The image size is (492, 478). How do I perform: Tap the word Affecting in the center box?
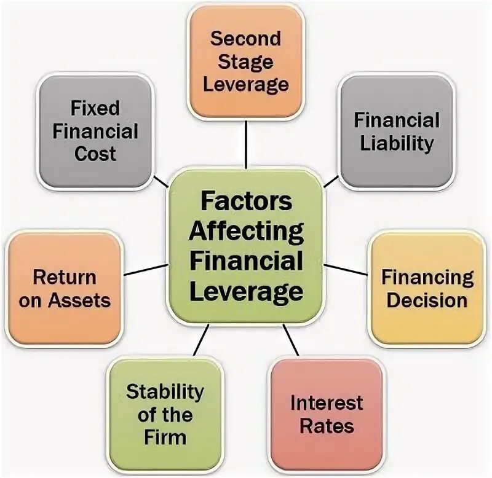pyautogui.click(x=246, y=232)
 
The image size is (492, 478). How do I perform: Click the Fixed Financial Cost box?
pyautogui.click(x=95, y=131)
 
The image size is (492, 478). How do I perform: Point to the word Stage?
pyautogui.click(x=246, y=61)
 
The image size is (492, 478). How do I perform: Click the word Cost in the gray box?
pyautogui.click(x=95, y=153)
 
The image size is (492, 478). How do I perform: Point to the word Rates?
pyautogui.click(x=327, y=425)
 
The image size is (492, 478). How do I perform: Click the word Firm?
pyautogui.click(x=164, y=438)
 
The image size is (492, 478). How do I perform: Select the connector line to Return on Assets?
pyautogui.click(x=145, y=270)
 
